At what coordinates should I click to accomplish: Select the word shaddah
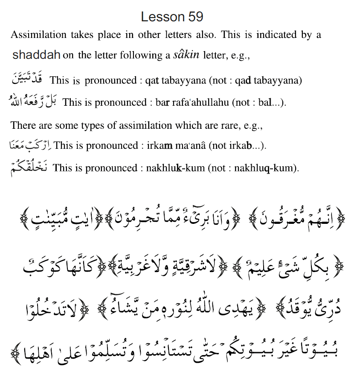point(36,55)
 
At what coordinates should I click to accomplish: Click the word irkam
point(157,145)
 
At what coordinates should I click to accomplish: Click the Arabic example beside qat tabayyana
point(29,78)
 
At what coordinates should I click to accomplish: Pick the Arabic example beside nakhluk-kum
point(29,167)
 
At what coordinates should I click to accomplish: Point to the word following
point(127,55)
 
